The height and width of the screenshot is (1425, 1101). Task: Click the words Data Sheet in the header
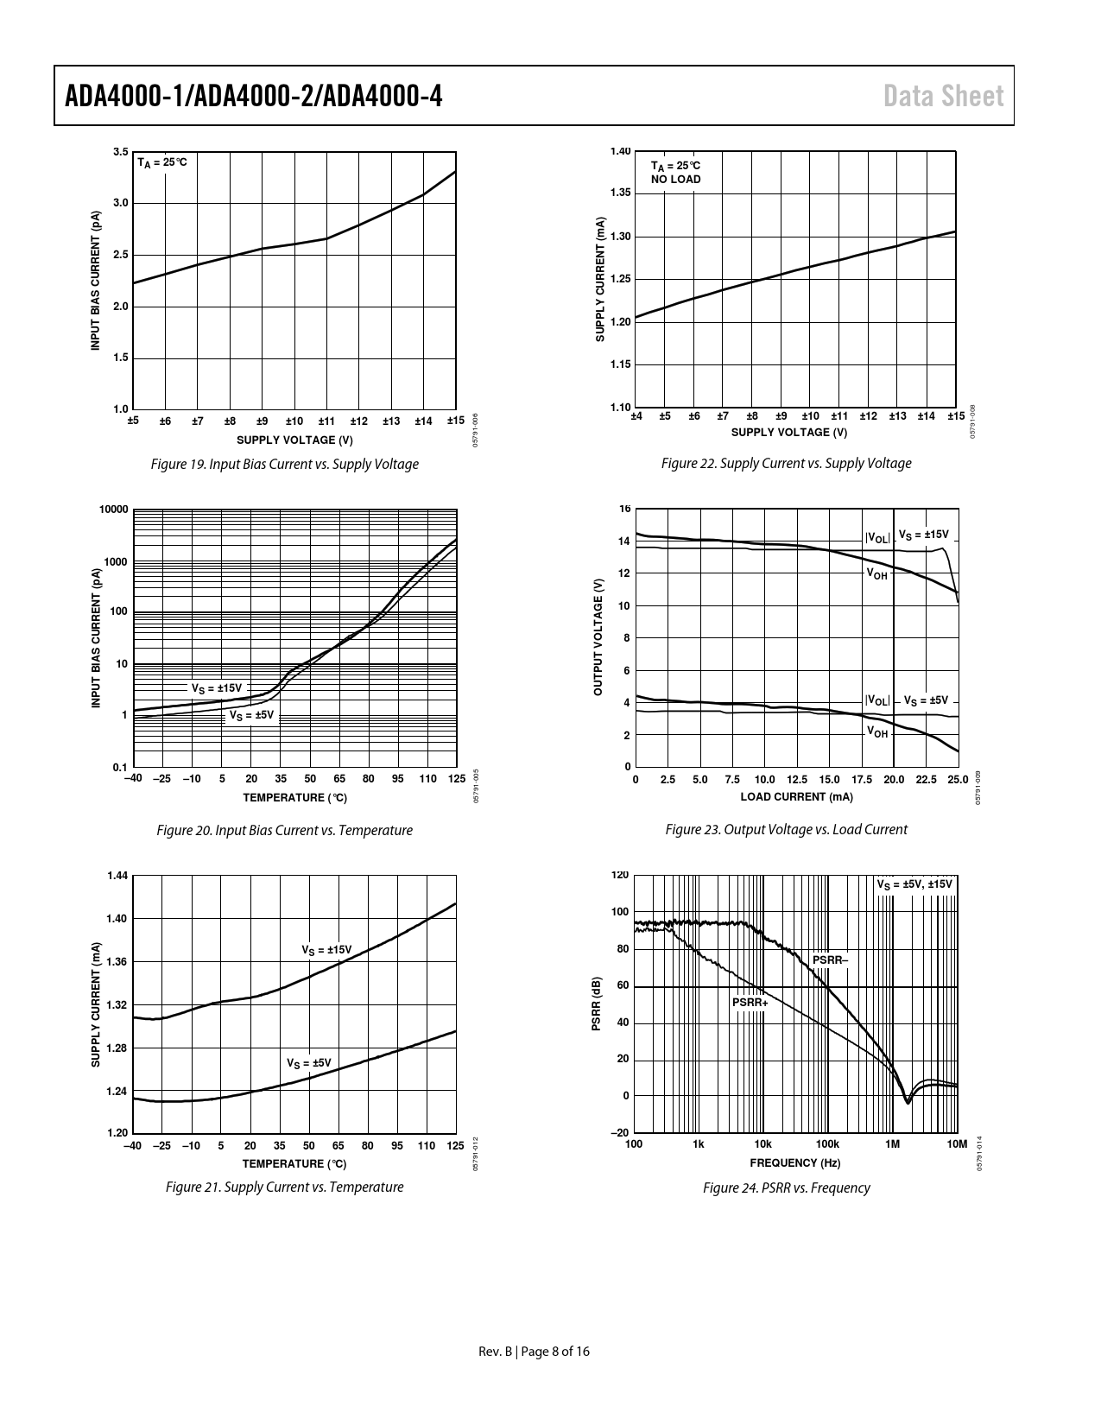click(x=943, y=96)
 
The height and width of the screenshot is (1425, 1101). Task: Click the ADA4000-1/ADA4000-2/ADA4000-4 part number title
click(x=254, y=96)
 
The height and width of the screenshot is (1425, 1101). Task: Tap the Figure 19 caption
click(x=285, y=465)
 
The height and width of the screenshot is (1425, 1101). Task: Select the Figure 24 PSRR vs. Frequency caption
click(x=786, y=1187)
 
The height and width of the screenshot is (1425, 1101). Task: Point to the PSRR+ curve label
click(x=750, y=1003)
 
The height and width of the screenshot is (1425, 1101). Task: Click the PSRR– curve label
click(x=830, y=960)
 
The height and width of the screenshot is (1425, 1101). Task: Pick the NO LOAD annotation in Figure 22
click(x=675, y=179)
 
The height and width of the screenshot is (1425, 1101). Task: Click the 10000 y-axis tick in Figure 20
click(x=113, y=510)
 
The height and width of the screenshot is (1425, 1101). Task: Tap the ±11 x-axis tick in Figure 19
click(x=326, y=421)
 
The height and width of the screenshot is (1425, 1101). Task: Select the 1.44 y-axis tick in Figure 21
click(x=117, y=876)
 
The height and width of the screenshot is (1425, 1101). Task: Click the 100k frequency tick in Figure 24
click(x=827, y=1144)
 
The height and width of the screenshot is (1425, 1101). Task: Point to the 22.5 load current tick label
click(x=926, y=779)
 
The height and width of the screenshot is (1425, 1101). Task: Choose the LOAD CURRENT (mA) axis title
click(x=797, y=797)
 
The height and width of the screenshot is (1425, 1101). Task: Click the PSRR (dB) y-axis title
click(x=597, y=1004)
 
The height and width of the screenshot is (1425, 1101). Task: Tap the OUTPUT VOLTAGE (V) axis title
click(x=598, y=636)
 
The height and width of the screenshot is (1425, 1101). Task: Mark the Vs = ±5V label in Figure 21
click(x=309, y=1063)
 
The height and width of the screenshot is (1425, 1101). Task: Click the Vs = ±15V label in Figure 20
click(x=217, y=688)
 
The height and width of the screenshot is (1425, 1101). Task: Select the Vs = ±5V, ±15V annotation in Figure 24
click(x=914, y=884)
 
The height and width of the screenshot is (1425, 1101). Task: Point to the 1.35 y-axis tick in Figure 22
click(x=620, y=193)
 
